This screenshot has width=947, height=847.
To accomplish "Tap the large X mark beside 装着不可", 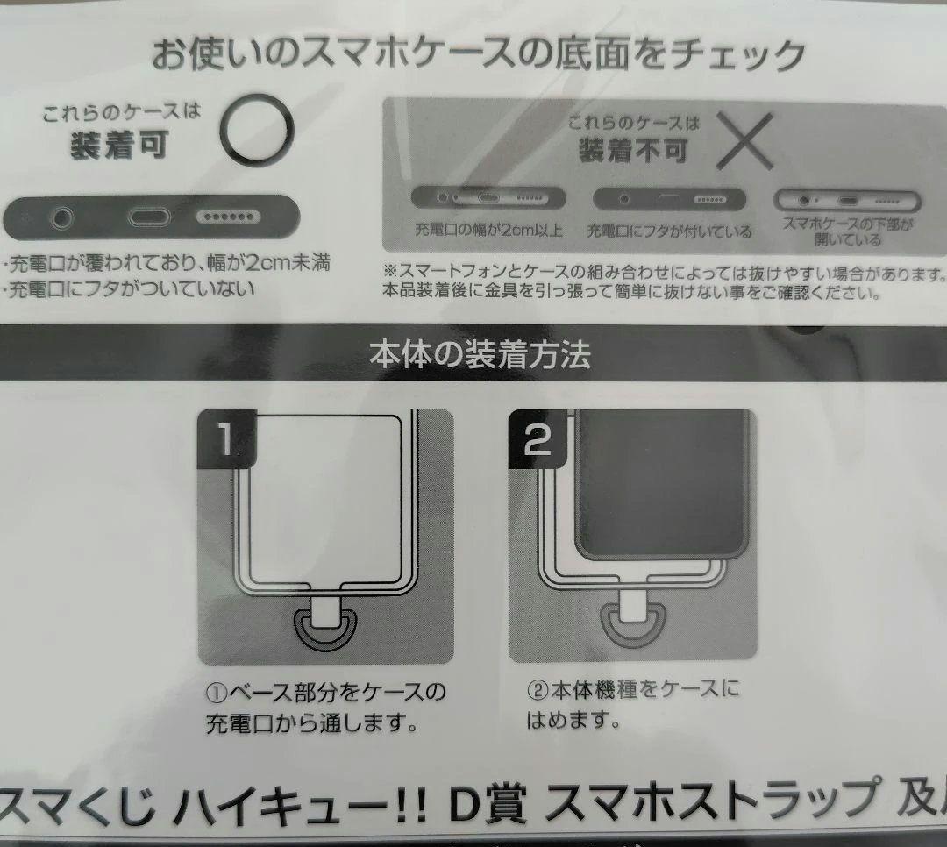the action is [744, 141].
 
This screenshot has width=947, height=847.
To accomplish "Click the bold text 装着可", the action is [119, 145].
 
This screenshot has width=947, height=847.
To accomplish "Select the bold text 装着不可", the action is [633, 151].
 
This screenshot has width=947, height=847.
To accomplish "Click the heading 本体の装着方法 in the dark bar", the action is [480, 354].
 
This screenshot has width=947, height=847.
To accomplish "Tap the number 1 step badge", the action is [226, 438].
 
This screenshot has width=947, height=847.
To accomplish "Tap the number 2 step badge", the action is [538, 439].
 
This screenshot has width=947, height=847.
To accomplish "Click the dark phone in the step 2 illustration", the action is [663, 482].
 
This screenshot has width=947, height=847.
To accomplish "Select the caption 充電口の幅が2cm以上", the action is [488, 231].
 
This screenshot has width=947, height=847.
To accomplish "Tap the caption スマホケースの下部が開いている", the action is [847, 232].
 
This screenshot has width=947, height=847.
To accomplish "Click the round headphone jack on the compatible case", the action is [61, 217].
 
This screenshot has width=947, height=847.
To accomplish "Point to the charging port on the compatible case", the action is [149, 217].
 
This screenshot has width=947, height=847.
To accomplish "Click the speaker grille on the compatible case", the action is [228, 217].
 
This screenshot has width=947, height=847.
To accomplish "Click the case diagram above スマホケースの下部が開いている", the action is [847, 200].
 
